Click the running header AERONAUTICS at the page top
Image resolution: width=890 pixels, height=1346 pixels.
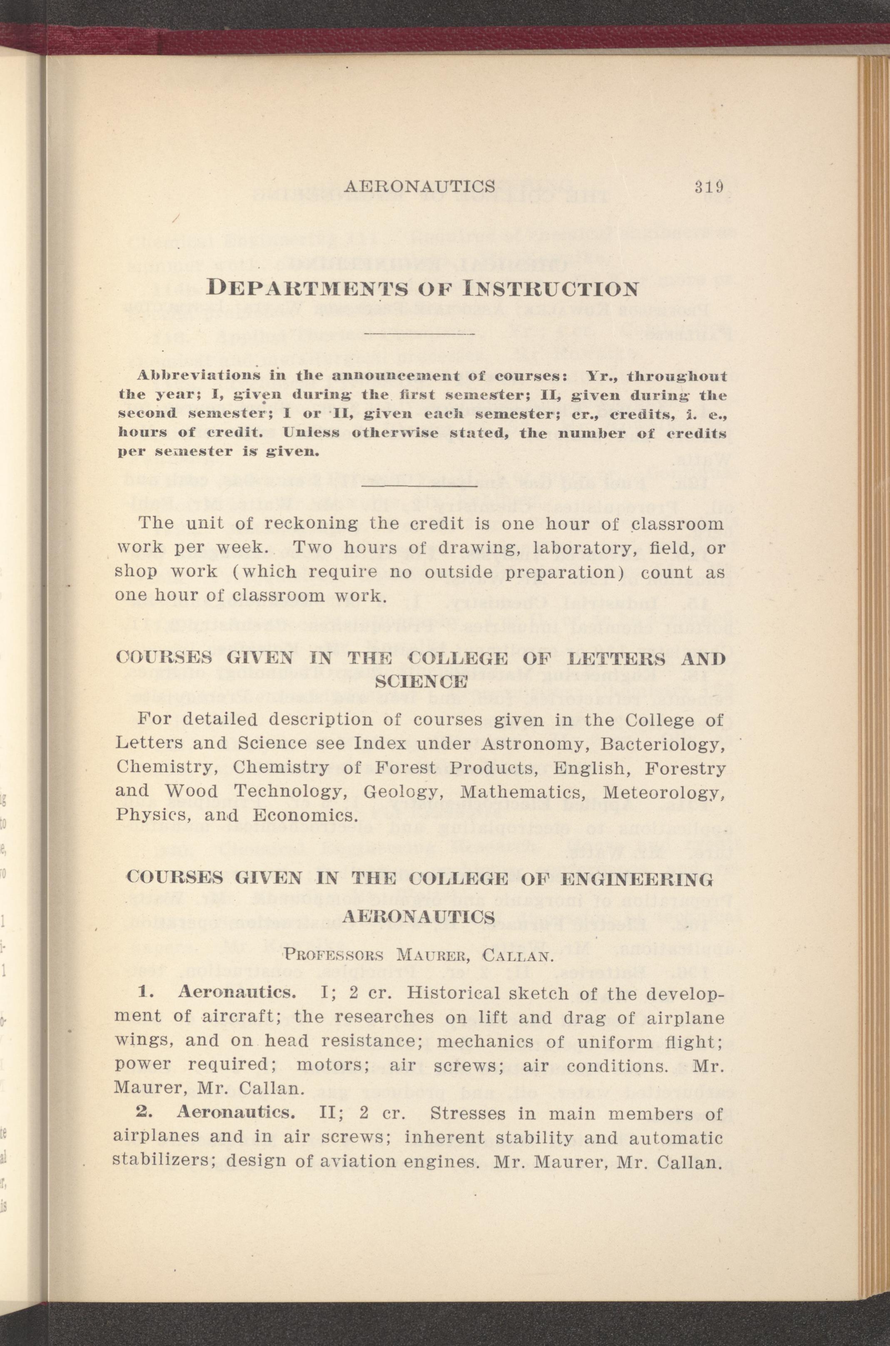click(421, 187)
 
